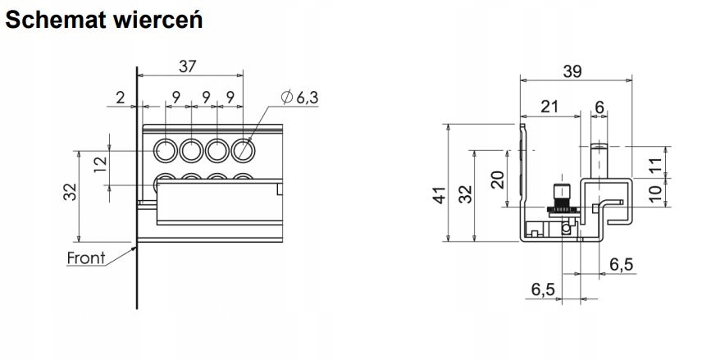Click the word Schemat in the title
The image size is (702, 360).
55,20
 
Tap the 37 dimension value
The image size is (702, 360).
188,66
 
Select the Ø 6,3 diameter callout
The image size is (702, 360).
299,97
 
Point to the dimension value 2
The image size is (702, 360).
121,97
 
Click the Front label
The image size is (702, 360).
86,258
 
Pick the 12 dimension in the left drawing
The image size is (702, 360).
102,164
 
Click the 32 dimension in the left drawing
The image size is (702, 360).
71,192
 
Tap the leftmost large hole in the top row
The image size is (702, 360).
166,150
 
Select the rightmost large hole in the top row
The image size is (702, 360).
243,150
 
